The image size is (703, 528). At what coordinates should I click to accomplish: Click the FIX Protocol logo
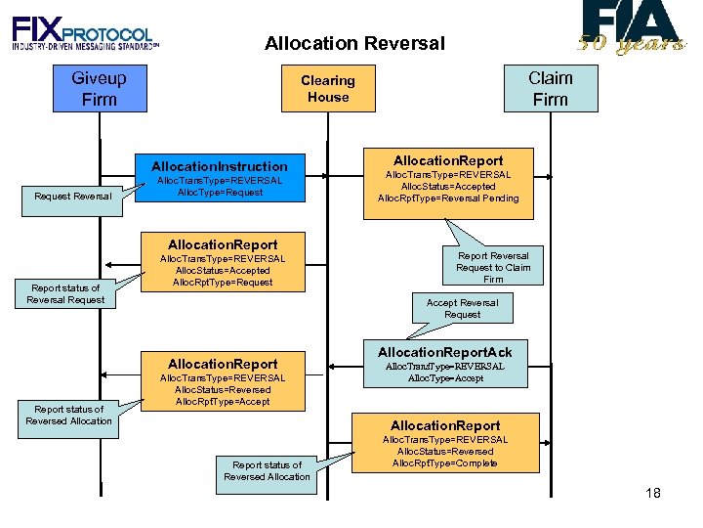point(85,33)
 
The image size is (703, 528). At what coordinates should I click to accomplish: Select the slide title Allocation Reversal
point(354,43)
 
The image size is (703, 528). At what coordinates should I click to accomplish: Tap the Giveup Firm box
point(100,88)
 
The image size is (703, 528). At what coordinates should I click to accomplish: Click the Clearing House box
point(328,88)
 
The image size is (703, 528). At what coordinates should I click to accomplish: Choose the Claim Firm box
point(551,88)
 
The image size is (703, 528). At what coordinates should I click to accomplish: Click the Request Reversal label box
point(72,197)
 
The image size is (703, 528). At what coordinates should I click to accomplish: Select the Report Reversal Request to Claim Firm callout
point(493,267)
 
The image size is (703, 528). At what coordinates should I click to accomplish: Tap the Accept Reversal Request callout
point(462,308)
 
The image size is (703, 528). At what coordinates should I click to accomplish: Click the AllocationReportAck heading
point(444,352)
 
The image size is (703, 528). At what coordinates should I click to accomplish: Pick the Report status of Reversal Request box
point(65,293)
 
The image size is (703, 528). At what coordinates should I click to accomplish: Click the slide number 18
point(653,493)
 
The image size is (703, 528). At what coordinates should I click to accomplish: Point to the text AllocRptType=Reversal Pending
point(448,198)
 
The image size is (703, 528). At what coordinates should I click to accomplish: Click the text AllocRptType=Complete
point(444,462)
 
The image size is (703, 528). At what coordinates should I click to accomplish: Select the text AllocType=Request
point(220,193)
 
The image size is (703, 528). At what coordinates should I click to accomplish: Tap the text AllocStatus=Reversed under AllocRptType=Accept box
point(223,389)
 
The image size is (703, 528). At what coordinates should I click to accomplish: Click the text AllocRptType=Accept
point(223,402)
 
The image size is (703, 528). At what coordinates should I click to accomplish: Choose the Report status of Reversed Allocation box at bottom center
point(267,470)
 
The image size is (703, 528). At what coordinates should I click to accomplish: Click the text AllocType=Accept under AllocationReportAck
point(444,378)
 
